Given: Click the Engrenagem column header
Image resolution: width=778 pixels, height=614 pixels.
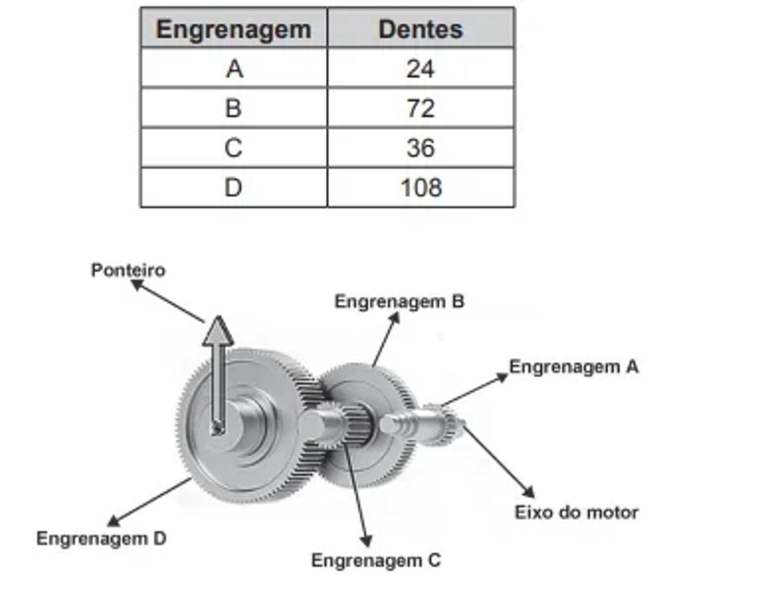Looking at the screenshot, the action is click(233, 29).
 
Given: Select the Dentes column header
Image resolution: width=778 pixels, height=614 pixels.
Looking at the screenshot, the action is click(421, 29).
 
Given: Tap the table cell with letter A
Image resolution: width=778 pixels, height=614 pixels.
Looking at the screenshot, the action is click(234, 69).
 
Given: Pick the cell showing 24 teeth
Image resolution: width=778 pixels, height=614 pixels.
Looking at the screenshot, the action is click(421, 69).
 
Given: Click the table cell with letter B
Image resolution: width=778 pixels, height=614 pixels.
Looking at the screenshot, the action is click(233, 108).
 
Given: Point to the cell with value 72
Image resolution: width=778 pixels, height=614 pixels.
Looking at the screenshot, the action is click(421, 108).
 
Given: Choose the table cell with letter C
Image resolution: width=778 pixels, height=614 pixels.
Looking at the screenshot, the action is click(233, 148).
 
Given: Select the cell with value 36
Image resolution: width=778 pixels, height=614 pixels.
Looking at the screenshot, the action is click(421, 148).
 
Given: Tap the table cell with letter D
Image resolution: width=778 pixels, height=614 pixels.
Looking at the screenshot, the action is click(233, 187).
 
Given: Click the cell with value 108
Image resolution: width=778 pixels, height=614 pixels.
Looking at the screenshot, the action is click(421, 187).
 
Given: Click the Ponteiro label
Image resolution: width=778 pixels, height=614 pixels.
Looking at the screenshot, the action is click(128, 270).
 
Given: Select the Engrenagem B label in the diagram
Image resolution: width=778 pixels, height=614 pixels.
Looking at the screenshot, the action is click(399, 301).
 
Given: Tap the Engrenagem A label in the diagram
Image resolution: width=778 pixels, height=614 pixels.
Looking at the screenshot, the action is click(574, 367).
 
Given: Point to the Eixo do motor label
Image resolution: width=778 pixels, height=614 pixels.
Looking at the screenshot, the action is click(576, 512).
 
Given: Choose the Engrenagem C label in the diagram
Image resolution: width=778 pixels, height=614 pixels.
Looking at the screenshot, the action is click(376, 560).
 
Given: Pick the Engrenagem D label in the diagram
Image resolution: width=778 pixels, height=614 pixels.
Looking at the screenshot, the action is click(101, 538).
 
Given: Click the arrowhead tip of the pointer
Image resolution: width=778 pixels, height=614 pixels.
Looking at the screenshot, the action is click(218, 319).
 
